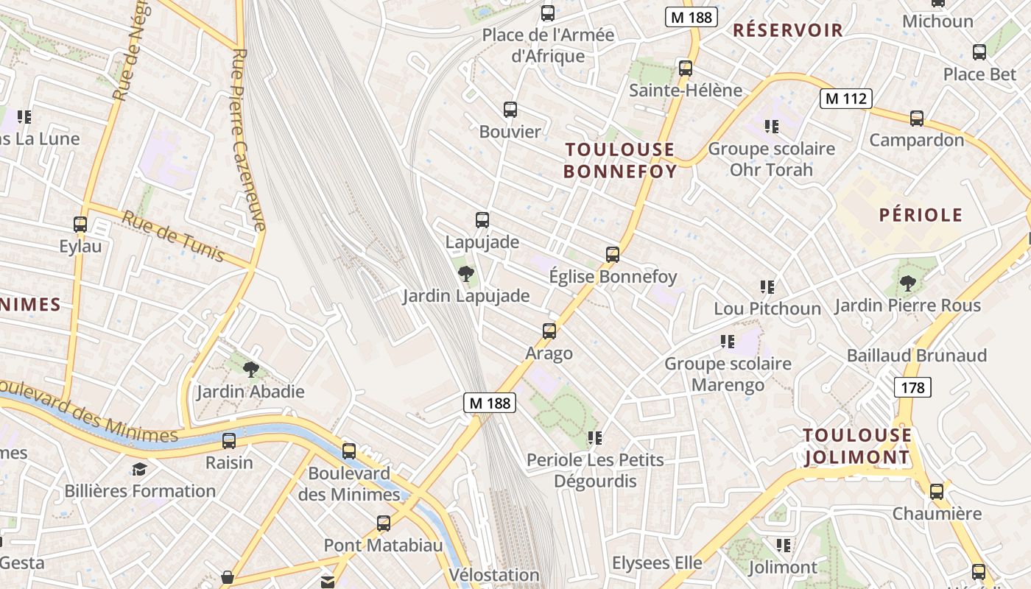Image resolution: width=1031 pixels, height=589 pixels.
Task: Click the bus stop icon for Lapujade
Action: click(x=482, y=219)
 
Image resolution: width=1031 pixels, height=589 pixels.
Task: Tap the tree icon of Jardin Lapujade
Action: click(x=465, y=275)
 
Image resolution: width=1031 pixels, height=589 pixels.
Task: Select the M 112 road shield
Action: click(x=846, y=98)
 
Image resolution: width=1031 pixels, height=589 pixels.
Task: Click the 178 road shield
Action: click(x=912, y=387)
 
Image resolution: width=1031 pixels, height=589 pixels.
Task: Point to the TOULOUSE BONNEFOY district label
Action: click(x=619, y=161)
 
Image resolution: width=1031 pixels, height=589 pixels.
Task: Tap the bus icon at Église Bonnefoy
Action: click(x=612, y=255)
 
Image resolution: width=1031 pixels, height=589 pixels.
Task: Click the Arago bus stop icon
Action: click(x=549, y=331)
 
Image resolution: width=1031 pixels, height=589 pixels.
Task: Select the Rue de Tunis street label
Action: click(x=173, y=236)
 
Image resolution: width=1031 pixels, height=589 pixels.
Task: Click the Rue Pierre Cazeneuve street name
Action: click(x=248, y=140)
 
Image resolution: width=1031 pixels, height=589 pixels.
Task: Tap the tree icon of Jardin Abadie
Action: click(x=251, y=369)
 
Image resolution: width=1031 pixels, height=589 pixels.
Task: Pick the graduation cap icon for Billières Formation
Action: click(x=139, y=469)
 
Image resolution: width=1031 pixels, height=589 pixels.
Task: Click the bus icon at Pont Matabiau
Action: click(x=384, y=523)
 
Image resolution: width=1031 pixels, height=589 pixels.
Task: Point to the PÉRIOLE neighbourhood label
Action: click(x=921, y=215)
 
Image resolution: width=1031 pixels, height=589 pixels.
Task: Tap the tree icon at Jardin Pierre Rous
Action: click(x=908, y=283)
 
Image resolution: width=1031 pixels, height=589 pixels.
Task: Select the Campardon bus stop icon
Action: click(x=917, y=118)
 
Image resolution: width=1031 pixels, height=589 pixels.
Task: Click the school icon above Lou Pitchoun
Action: click(x=767, y=286)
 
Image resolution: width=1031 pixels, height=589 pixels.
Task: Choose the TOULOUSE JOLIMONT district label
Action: click(x=857, y=446)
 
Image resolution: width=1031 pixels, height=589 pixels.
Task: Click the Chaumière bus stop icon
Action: click(x=937, y=491)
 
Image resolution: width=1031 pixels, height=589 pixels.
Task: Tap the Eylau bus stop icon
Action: click(x=80, y=224)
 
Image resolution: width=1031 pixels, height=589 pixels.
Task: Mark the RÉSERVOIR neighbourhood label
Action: click(x=788, y=30)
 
